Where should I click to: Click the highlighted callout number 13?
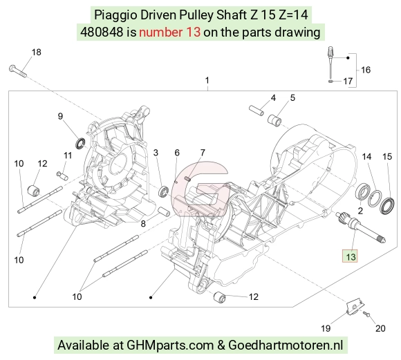click(350, 256)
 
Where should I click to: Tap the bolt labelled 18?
click(18, 71)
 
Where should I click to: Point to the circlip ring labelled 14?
click(375, 198)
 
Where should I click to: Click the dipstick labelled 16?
click(330, 63)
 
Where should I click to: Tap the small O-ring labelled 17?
click(330, 82)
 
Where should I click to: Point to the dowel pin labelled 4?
click(257, 111)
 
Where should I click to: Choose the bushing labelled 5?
click(274, 120)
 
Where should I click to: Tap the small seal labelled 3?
click(163, 192)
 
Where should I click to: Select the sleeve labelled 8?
click(164, 212)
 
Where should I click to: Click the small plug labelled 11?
click(62, 176)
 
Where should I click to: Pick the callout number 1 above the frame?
click(207, 81)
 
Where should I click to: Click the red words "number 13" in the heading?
click(169, 32)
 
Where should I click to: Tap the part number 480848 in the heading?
click(102, 32)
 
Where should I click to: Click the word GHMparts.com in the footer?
click(170, 345)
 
